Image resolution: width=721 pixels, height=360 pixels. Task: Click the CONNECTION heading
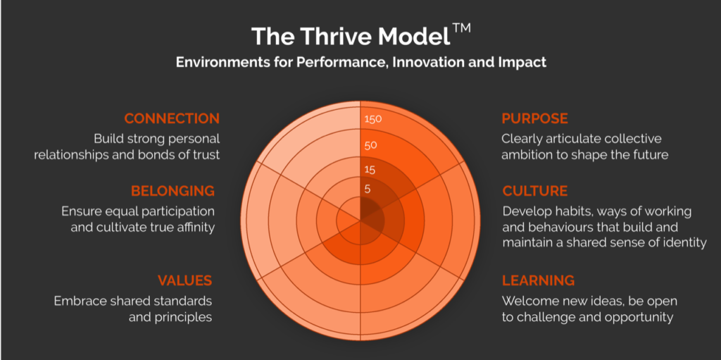[172, 118]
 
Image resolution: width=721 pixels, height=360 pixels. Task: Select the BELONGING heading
[173, 191]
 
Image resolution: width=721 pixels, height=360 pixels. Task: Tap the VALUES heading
[184, 280]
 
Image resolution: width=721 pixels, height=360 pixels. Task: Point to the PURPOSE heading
[534, 118]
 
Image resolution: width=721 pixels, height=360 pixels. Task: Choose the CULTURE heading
[535, 191]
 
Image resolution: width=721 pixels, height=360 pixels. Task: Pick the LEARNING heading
[538, 280]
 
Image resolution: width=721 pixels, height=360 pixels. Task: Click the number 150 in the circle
[373, 119]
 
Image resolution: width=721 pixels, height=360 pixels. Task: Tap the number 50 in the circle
[371, 145]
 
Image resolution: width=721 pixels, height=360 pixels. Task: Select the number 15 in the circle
[370, 170]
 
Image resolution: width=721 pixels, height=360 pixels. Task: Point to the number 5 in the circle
[368, 189]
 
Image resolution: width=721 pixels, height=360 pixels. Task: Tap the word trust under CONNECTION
[203, 155]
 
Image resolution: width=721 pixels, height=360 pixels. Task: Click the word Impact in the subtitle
[525, 62]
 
